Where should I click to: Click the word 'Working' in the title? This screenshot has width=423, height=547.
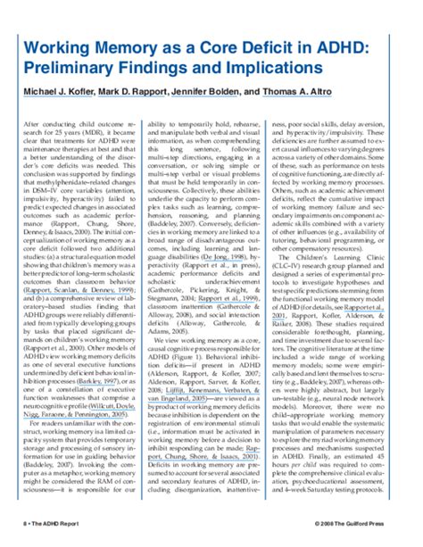point(55,48)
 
